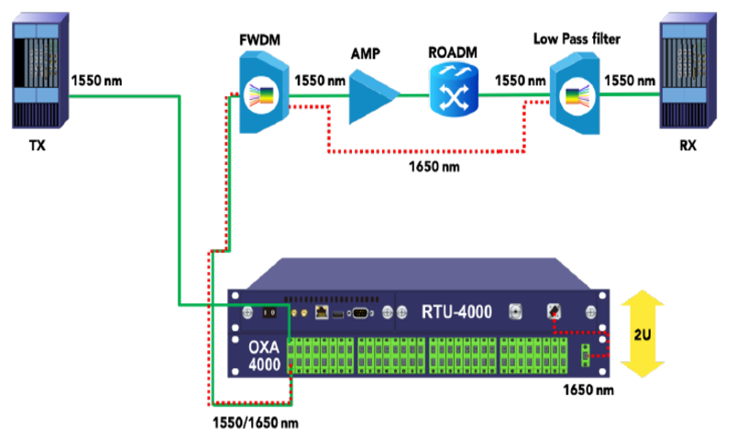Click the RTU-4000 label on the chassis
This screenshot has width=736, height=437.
tap(456, 311)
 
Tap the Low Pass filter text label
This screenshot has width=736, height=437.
tap(576, 39)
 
